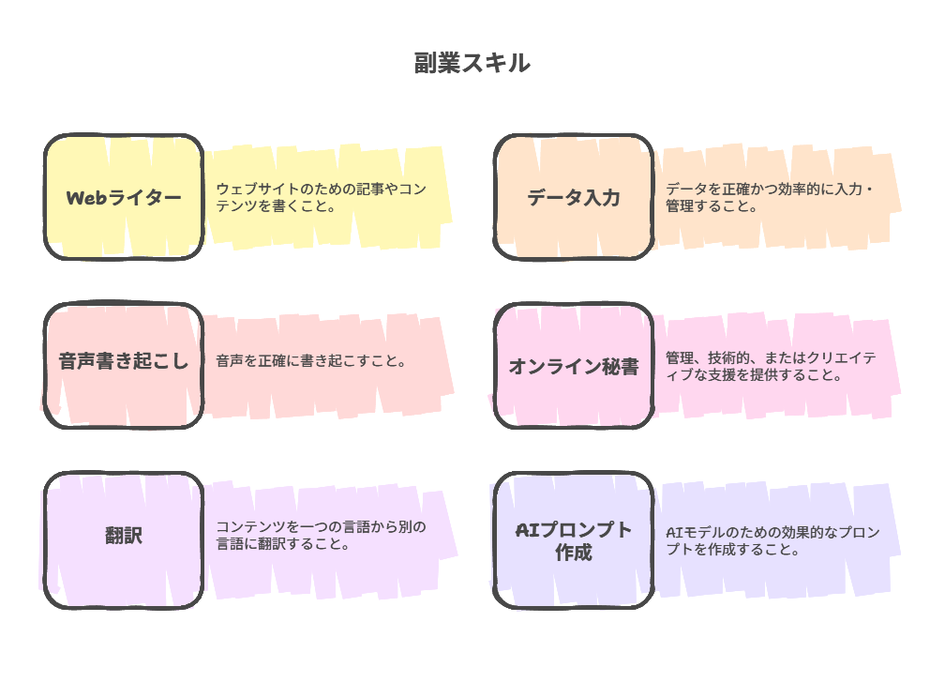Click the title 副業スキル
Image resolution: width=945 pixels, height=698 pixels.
pyautogui.click(x=472, y=63)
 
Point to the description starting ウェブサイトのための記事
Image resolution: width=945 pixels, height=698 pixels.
pyautogui.click(x=321, y=197)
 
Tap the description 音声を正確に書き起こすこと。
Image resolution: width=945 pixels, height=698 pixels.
pyautogui.click(x=310, y=360)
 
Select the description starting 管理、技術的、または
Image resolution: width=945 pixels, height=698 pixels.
pyautogui.click(x=771, y=366)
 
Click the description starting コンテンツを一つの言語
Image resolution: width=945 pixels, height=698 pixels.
pyautogui.click(x=321, y=535)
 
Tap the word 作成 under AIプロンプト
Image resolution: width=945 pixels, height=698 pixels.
pyautogui.click(x=574, y=553)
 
